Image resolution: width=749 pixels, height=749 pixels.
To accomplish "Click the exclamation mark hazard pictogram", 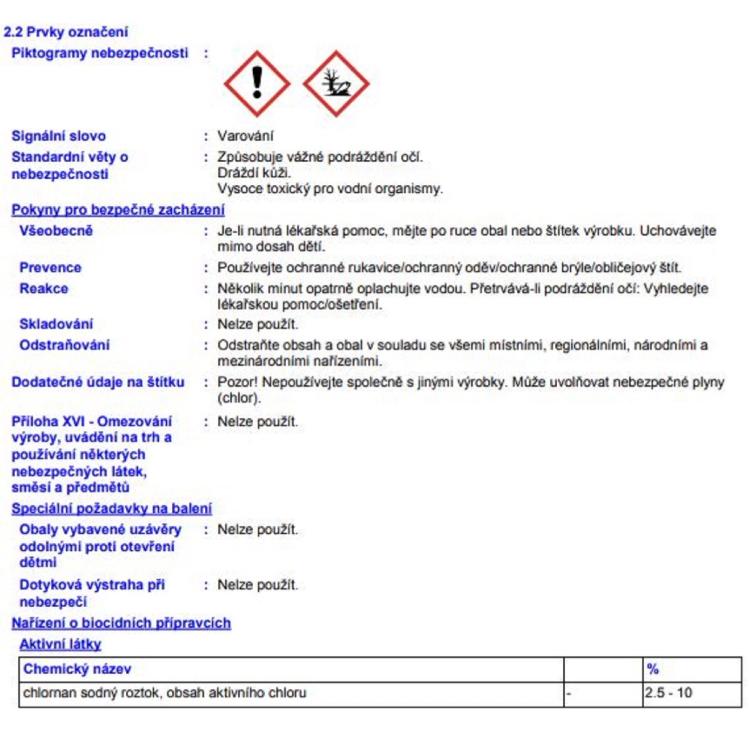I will (257, 83).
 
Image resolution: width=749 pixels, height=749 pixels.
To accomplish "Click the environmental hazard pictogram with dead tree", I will (336, 83).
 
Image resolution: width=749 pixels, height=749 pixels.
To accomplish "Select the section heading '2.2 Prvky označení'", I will (65, 32).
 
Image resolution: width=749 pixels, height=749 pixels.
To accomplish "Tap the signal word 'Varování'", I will (245, 136).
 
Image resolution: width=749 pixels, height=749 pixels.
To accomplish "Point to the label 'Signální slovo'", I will (58, 136).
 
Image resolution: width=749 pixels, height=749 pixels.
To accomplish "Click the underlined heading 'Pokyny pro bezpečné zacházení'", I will (118, 210).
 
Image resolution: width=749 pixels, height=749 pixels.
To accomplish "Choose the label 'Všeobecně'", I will (56, 231).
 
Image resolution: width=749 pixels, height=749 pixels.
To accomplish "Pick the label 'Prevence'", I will (50, 268).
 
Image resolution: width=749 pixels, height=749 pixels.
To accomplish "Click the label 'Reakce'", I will (43, 289).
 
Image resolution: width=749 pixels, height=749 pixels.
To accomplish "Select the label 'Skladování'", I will (56, 324).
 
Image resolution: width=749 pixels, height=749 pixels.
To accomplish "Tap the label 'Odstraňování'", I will (64, 345).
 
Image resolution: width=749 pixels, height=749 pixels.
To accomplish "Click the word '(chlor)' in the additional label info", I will (239, 398).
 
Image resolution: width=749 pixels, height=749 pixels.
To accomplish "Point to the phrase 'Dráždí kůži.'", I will (254, 173).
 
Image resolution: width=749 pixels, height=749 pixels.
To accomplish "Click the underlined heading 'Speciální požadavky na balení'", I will (111, 508).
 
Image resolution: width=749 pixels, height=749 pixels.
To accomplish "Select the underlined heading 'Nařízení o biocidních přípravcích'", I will (121, 623).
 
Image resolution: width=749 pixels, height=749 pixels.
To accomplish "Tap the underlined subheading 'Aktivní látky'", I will (60, 644).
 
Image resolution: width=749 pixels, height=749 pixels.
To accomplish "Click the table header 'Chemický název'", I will (77, 669).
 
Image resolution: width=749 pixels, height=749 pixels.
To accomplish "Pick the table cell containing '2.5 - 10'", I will (668, 693).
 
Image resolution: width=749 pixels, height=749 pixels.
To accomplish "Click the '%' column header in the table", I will (653, 669).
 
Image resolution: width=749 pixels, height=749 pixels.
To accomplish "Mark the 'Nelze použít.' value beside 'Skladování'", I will (257, 324).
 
